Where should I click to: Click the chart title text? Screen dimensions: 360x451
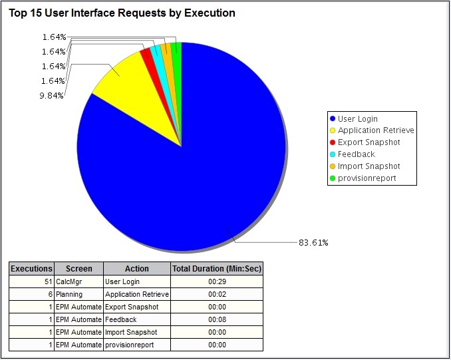(x=122, y=13)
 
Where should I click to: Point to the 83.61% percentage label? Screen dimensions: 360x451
(x=313, y=242)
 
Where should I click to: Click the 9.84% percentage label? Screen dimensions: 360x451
(x=51, y=95)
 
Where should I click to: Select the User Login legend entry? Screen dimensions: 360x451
(x=357, y=118)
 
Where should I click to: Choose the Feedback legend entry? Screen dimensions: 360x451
(x=356, y=154)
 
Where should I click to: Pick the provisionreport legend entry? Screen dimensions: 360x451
(x=367, y=178)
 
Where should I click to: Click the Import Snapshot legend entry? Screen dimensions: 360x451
(x=369, y=166)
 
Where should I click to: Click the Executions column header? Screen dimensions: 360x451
(x=31, y=269)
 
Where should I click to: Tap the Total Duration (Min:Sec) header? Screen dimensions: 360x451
(x=217, y=269)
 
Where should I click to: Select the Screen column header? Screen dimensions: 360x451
(x=78, y=269)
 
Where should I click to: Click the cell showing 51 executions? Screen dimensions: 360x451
(x=31, y=281)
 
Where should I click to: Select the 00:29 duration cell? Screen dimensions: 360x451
(x=217, y=281)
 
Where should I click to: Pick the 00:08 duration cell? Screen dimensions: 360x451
(x=217, y=319)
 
